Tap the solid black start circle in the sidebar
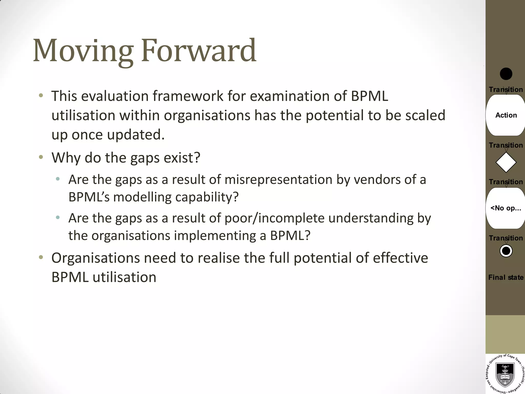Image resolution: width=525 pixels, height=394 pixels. [x=506, y=74]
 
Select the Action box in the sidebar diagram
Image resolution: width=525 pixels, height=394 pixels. [x=506, y=115]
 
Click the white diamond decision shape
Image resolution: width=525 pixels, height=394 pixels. [x=506, y=162]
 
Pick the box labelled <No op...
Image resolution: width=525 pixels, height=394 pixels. [x=506, y=208]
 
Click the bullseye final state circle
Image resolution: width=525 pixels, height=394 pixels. [x=506, y=251]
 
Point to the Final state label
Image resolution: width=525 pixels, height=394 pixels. [x=506, y=277]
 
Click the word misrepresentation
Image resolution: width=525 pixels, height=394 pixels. [x=278, y=180]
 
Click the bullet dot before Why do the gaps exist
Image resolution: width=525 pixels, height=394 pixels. [x=41, y=157]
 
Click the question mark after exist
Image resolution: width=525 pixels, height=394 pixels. [x=197, y=157]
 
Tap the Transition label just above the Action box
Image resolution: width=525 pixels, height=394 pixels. [x=506, y=90]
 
